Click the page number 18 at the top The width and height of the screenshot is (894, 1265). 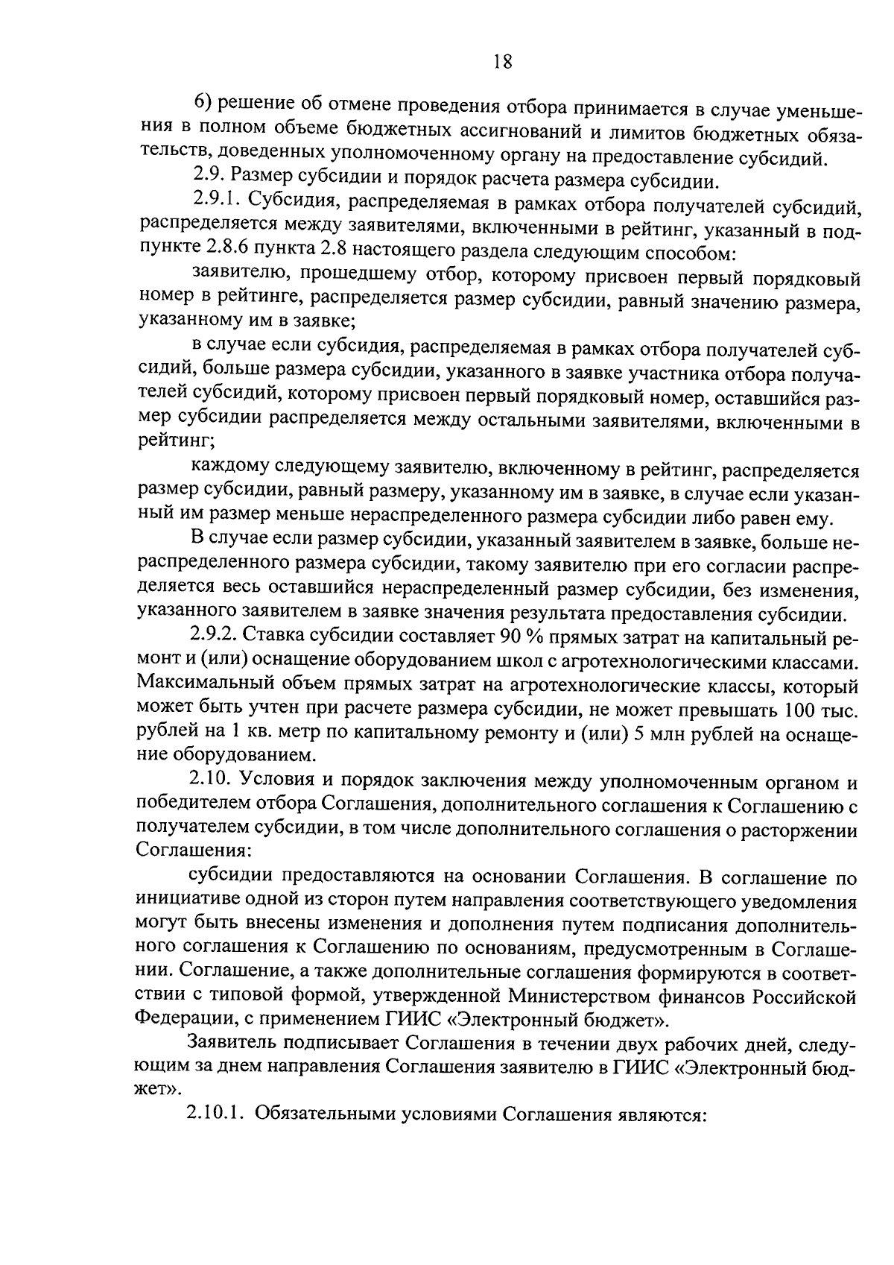point(502,62)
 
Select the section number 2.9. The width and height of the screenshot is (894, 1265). point(206,177)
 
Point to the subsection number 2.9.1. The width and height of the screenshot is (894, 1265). point(215,201)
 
